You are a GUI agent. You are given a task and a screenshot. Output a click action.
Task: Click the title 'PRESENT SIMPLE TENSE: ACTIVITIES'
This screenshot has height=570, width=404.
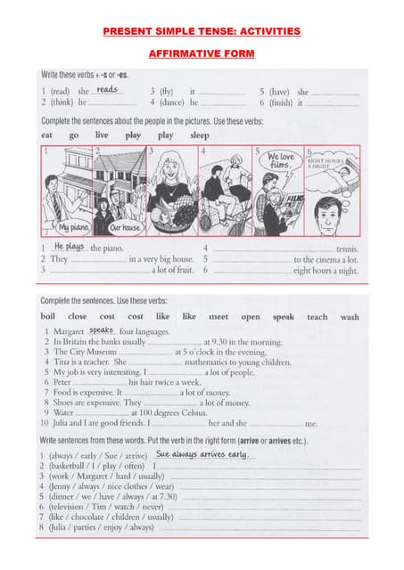(202, 31)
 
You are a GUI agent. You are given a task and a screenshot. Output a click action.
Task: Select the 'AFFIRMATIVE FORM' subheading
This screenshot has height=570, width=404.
(202, 54)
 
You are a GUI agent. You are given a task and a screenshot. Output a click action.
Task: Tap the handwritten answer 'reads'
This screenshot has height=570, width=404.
(107, 90)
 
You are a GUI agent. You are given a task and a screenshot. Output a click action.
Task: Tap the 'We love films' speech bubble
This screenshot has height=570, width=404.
(279, 161)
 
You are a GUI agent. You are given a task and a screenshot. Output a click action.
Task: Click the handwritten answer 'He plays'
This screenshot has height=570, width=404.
(69, 246)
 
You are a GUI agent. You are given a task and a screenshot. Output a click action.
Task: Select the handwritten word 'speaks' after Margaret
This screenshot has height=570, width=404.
(102, 330)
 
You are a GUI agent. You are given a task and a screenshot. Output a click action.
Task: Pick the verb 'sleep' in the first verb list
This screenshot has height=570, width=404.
(200, 135)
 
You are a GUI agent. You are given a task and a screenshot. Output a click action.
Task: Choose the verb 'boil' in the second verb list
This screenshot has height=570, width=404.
(49, 316)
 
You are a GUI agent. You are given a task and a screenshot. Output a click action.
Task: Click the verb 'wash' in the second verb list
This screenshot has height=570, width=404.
(350, 316)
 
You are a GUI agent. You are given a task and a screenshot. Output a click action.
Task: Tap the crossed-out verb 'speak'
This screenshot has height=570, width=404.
(284, 316)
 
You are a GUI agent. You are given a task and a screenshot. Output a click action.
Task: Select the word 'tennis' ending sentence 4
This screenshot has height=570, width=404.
(347, 248)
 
